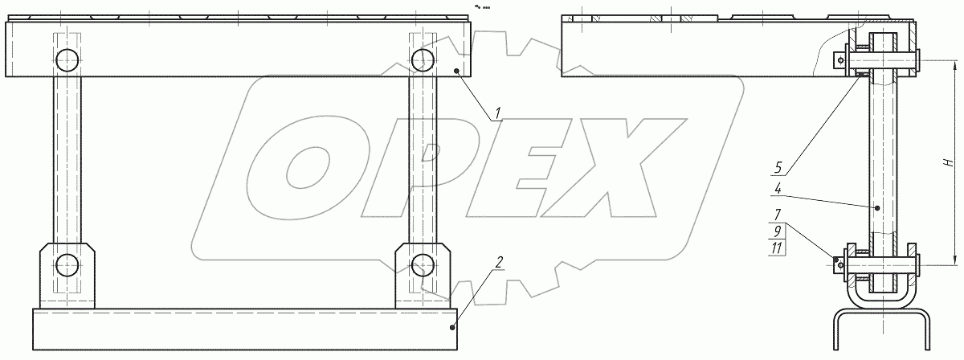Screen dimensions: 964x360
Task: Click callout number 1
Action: tap(497, 113)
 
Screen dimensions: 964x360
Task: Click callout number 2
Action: tap(499, 262)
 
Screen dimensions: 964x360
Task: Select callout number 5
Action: tap(778, 167)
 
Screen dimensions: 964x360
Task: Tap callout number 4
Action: tap(778, 189)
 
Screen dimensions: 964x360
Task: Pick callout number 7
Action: tap(778, 215)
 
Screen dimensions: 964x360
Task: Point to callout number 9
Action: tap(778, 231)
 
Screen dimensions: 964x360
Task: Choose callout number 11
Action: tap(777, 248)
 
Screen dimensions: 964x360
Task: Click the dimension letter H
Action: tap(948, 162)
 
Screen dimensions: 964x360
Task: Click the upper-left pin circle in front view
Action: tap(67, 60)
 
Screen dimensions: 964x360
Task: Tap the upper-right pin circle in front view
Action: tap(423, 60)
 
